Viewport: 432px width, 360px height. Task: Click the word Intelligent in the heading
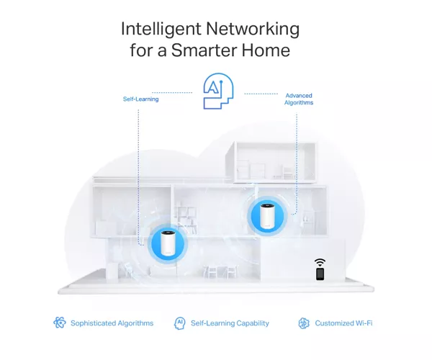(x=161, y=29)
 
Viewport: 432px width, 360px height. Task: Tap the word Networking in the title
(x=253, y=29)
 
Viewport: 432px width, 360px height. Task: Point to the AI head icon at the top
(x=218, y=91)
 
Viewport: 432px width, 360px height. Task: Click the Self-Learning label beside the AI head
(x=140, y=99)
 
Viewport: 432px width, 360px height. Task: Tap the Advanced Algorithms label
(x=299, y=99)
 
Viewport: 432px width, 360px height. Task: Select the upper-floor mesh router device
(x=267, y=216)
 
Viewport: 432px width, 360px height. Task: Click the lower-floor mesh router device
(x=168, y=243)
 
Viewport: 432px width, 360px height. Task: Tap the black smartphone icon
(x=320, y=274)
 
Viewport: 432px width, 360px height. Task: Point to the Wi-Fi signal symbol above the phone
(x=320, y=262)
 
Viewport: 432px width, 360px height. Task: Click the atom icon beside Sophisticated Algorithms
(x=60, y=323)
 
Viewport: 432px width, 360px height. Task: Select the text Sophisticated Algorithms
(x=112, y=323)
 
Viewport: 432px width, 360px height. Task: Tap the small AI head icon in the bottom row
(x=179, y=323)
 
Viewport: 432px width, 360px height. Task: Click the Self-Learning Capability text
(x=230, y=323)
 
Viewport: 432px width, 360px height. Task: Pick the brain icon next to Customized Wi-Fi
(x=304, y=323)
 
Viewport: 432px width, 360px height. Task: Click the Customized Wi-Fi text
(x=343, y=323)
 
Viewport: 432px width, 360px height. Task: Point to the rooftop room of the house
(x=271, y=162)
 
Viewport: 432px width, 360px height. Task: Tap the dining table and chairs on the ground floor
(x=220, y=271)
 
